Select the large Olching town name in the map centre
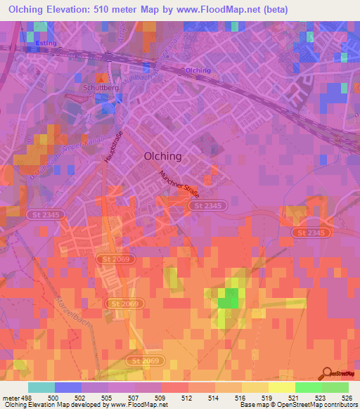coord(162,156)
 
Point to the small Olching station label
coord(198,70)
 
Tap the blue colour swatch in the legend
coord(67,387)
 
